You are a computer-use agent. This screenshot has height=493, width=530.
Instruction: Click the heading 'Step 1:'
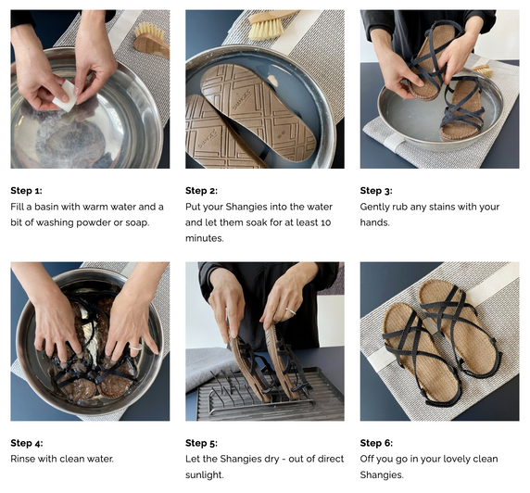point(26,191)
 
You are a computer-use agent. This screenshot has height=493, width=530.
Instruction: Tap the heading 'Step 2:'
point(201,191)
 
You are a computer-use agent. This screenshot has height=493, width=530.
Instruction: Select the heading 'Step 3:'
point(376,191)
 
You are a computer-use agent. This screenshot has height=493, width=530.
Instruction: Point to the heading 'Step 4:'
point(27,443)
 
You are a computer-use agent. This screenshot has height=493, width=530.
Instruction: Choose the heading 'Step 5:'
point(201,443)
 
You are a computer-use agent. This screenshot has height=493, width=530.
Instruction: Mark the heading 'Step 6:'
point(376,443)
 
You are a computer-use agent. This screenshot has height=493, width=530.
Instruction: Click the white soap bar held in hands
point(65,96)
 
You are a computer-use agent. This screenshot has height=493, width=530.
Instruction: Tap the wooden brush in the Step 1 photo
point(152,40)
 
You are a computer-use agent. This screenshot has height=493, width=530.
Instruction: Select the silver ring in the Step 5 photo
point(291,311)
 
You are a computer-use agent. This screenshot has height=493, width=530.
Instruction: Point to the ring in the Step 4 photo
point(136,347)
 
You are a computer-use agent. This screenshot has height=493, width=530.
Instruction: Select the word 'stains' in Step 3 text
point(439,207)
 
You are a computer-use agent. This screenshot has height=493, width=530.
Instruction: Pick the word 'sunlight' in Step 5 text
point(204,474)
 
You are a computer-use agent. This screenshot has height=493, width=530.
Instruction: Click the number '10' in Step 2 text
point(325,222)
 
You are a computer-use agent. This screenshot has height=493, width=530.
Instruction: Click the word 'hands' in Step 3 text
point(373,222)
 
